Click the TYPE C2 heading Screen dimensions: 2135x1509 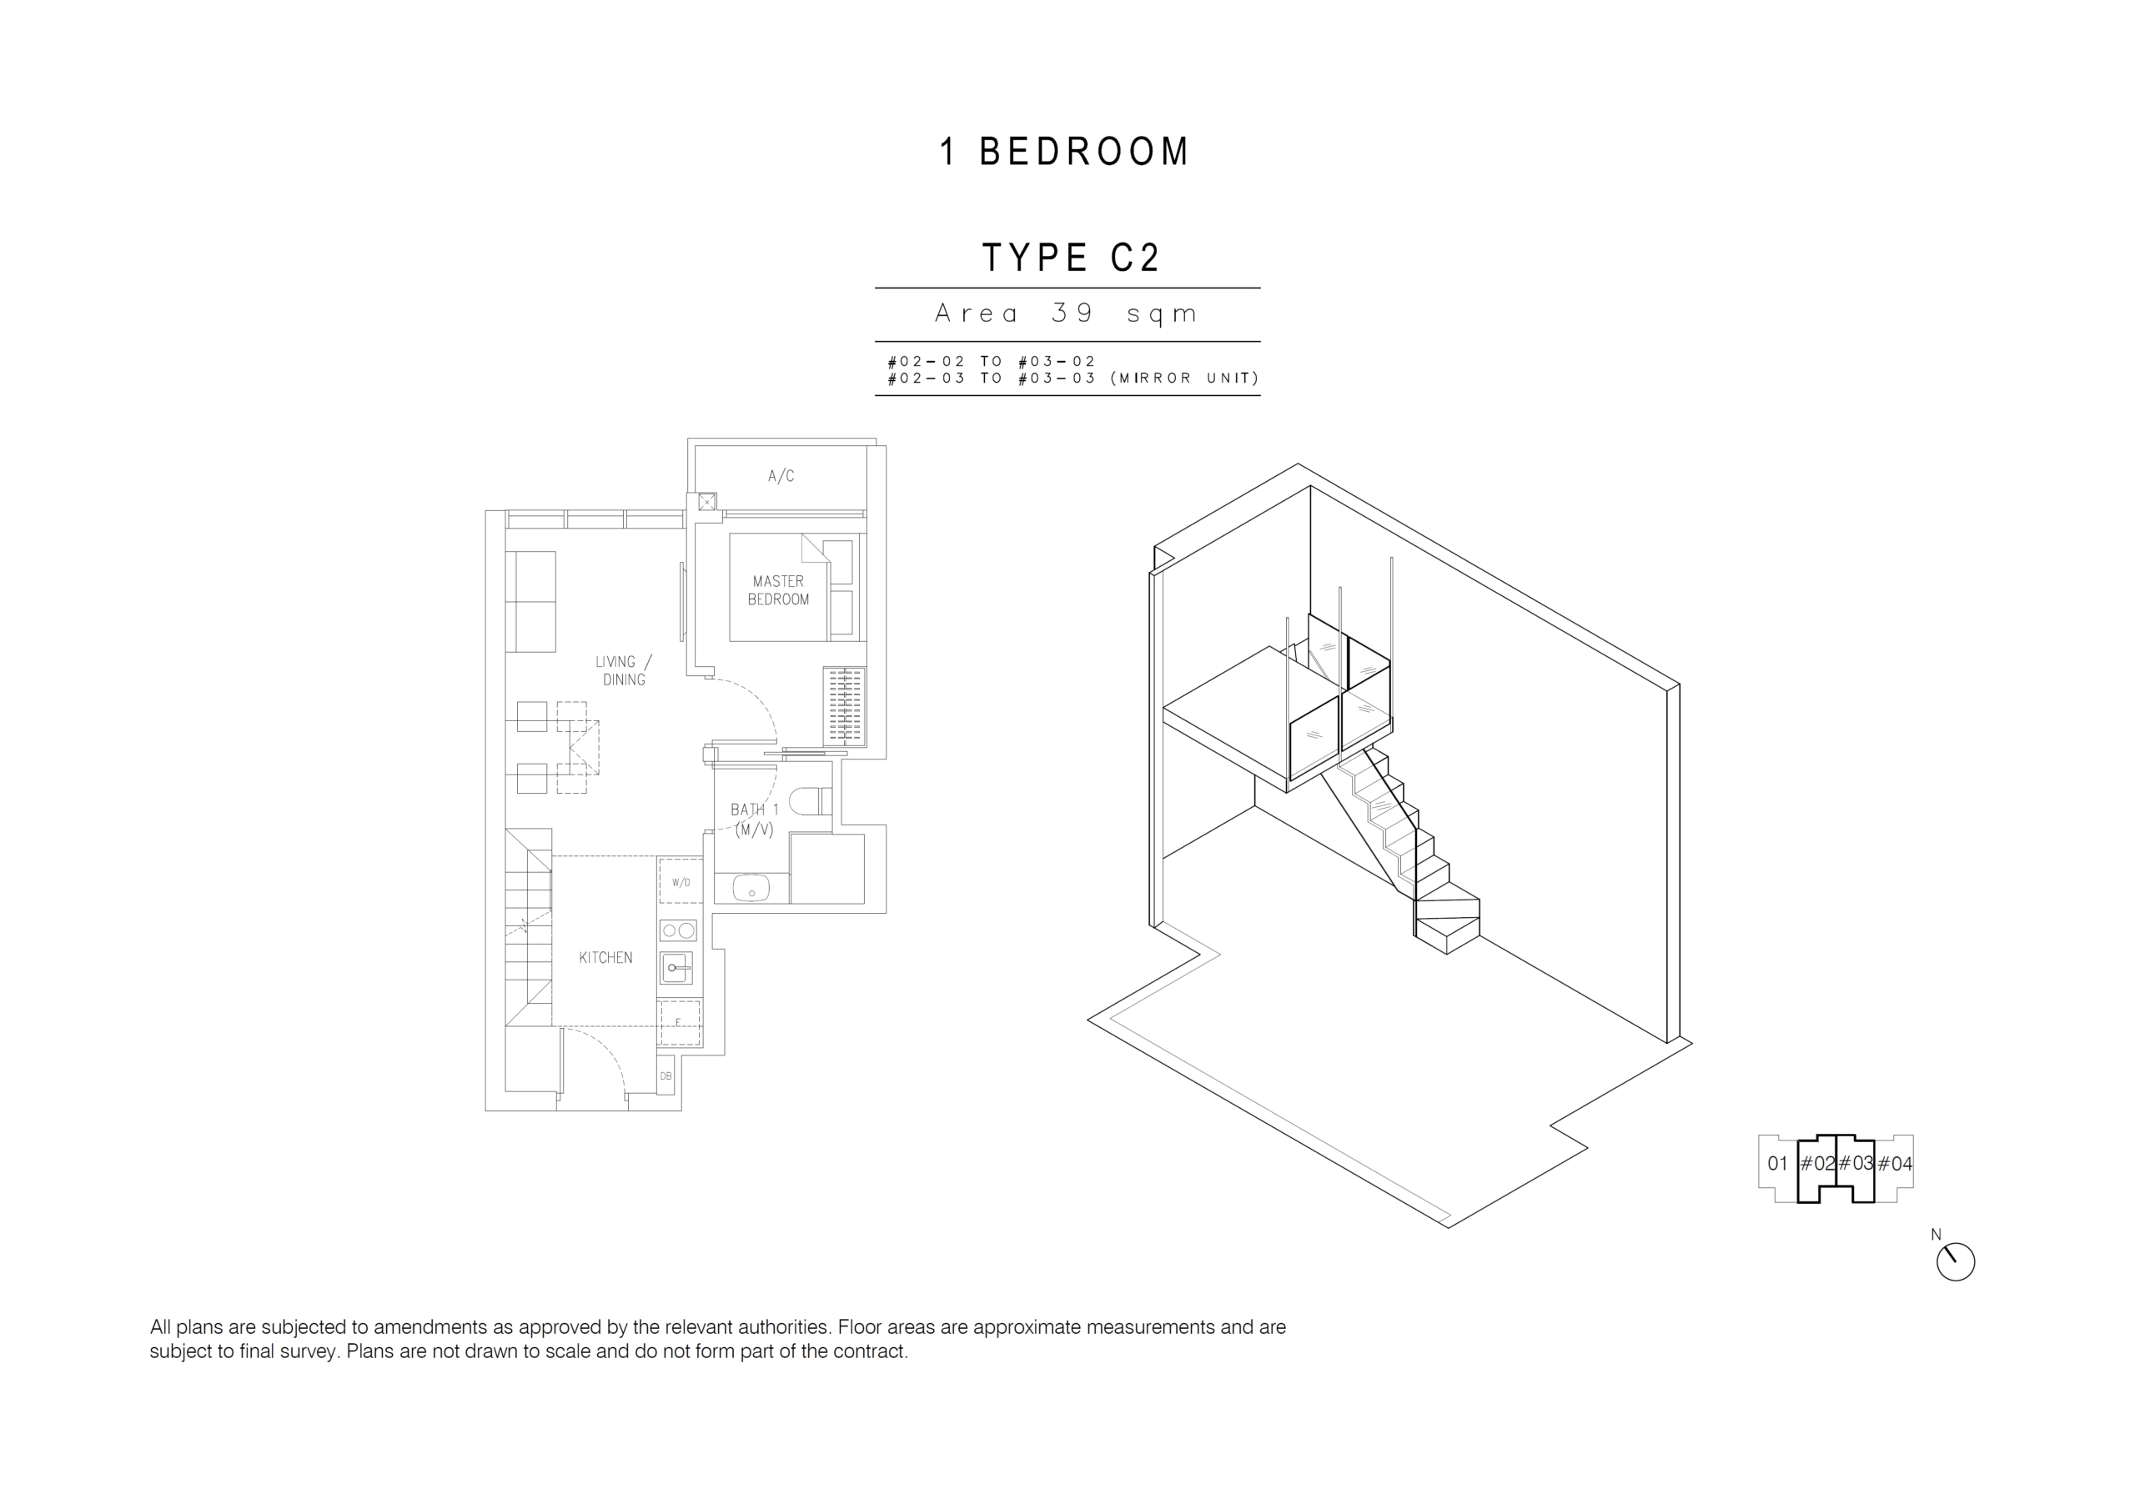click(1070, 258)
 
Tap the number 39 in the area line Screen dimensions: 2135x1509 click(1073, 313)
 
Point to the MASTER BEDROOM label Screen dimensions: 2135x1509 click(778, 590)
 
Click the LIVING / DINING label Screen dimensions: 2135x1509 click(624, 670)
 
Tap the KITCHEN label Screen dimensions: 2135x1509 click(605, 958)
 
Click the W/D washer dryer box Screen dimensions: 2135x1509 click(681, 880)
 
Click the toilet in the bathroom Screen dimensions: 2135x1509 click(810, 801)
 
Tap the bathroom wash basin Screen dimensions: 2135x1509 click(751, 888)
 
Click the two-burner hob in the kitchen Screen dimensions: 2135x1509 click(678, 930)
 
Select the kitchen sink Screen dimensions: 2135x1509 click(676, 968)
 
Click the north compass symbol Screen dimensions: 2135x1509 click(1955, 1261)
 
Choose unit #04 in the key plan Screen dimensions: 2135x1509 click(1895, 1163)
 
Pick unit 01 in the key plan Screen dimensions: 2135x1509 click(1777, 1163)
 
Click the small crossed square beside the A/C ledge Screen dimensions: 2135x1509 click(706, 502)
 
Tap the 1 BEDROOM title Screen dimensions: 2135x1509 click(1065, 152)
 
